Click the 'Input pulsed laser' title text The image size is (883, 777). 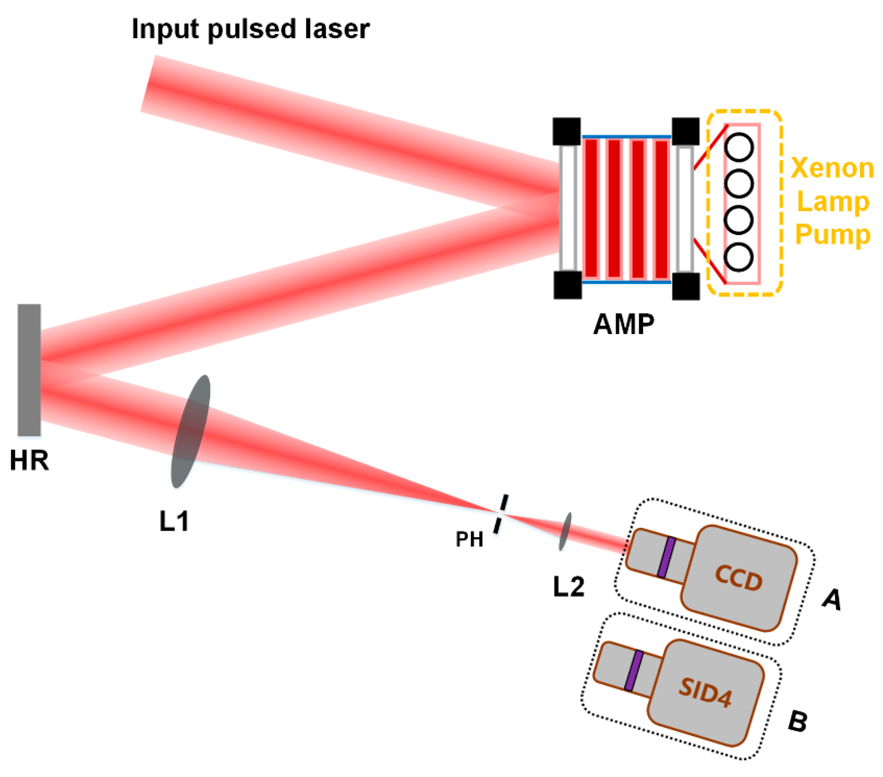250,29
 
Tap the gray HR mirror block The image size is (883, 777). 29,370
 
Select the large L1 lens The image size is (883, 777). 190,431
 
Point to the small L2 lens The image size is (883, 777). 565,531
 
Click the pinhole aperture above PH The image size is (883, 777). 501,514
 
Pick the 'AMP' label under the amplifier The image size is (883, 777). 623,324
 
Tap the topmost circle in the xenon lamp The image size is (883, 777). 739,147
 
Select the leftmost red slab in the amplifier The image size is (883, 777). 591,209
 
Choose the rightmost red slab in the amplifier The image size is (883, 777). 661,209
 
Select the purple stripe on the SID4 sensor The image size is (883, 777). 634,671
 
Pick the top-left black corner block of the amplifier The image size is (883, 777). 566,131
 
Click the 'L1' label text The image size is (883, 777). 174,521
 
